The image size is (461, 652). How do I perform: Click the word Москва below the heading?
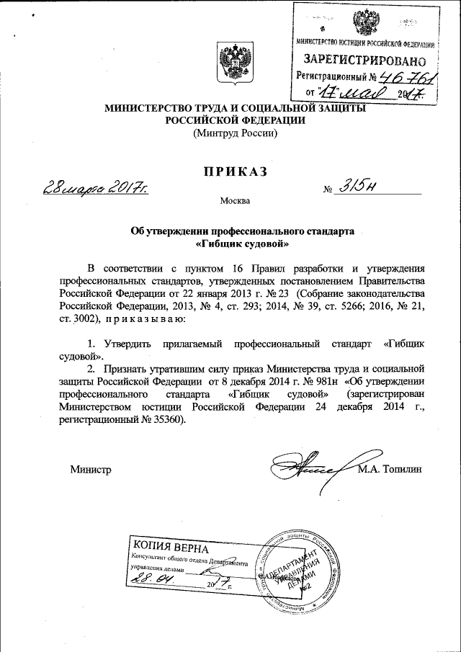[235, 200]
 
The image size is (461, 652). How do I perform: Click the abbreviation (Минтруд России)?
[234, 133]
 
